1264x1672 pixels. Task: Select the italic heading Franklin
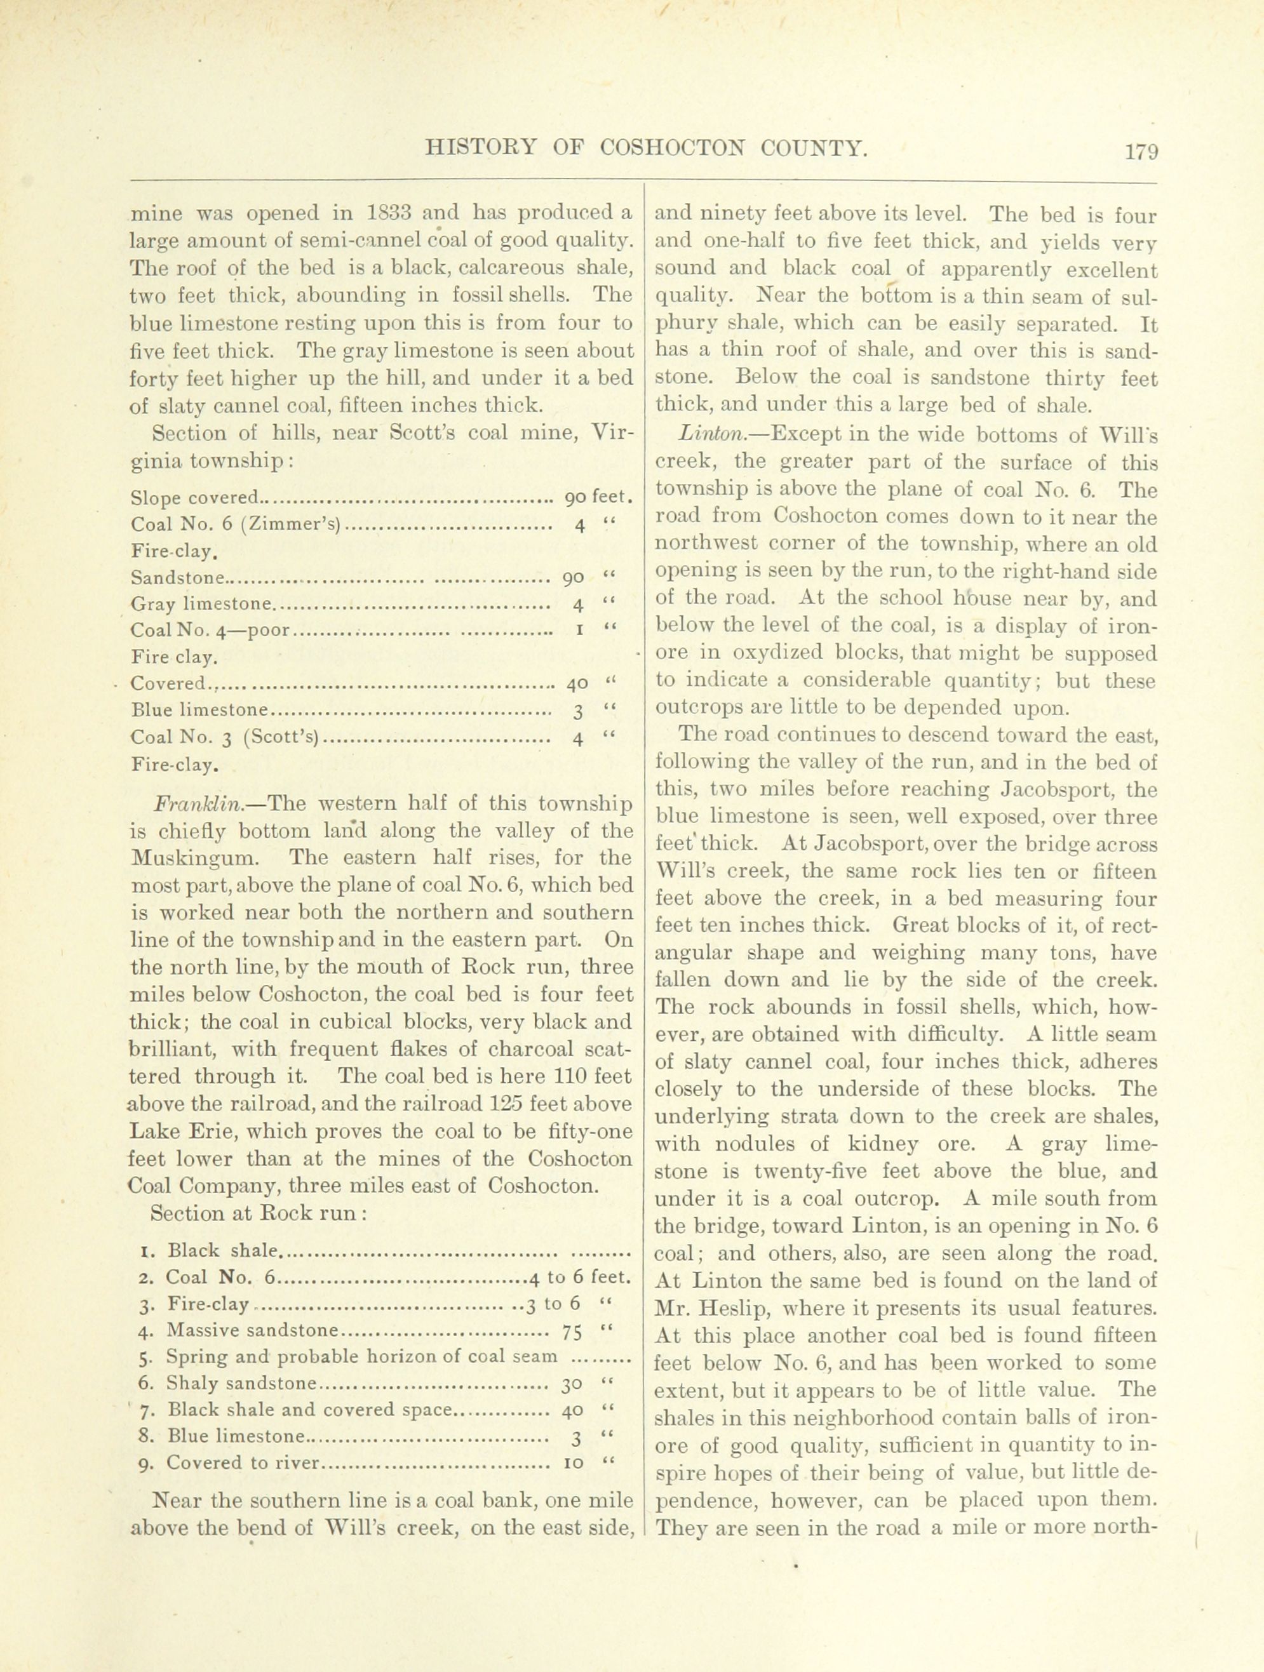click(x=198, y=803)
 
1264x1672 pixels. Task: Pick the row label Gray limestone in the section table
click(x=200, y=604)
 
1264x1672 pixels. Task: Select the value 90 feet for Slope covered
click(x=598, y=498)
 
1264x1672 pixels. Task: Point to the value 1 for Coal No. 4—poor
click(x=578, y=630)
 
